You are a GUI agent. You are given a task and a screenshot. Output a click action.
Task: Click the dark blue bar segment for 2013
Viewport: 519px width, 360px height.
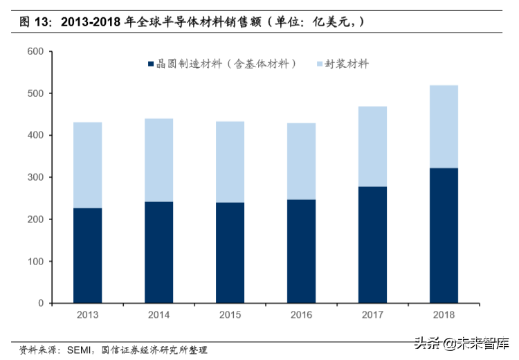(x=87, y=255)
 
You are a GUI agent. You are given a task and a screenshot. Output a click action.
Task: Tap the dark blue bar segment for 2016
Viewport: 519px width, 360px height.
(x=301, y=251)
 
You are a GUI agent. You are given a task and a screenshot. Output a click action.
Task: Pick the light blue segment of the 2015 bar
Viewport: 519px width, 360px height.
(x=230, y=162)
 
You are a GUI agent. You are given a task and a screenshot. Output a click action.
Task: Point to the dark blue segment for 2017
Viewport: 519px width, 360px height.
(x=372, y=244)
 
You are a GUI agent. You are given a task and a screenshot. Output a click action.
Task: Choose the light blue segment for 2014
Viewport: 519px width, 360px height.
(x=158, y=160)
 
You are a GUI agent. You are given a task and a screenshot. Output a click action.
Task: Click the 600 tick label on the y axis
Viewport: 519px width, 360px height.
(x=35, y=52)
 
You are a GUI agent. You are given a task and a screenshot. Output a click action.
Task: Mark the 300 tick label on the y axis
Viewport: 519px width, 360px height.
(x=35, y=177)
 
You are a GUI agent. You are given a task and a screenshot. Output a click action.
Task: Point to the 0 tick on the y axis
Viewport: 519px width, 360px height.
(x=41, y=303)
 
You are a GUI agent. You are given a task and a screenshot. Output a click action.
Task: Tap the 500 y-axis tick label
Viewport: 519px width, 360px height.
(x=35, y=93)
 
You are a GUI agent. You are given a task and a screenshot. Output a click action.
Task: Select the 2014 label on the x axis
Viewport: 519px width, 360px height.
(x=158, y=315)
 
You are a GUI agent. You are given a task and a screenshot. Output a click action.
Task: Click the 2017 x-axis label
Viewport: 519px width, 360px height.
(x=372, y=315)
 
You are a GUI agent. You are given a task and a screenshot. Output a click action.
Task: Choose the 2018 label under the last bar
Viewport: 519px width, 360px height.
(x=444, y=315)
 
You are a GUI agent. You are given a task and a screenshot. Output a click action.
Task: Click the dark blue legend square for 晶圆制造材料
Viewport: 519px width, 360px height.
(x=150, y=64)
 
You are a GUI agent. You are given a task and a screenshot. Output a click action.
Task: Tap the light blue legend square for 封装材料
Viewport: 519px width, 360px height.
(x=320, y=64)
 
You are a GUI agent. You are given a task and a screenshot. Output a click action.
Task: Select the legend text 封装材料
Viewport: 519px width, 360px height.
(x=349, y=64)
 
